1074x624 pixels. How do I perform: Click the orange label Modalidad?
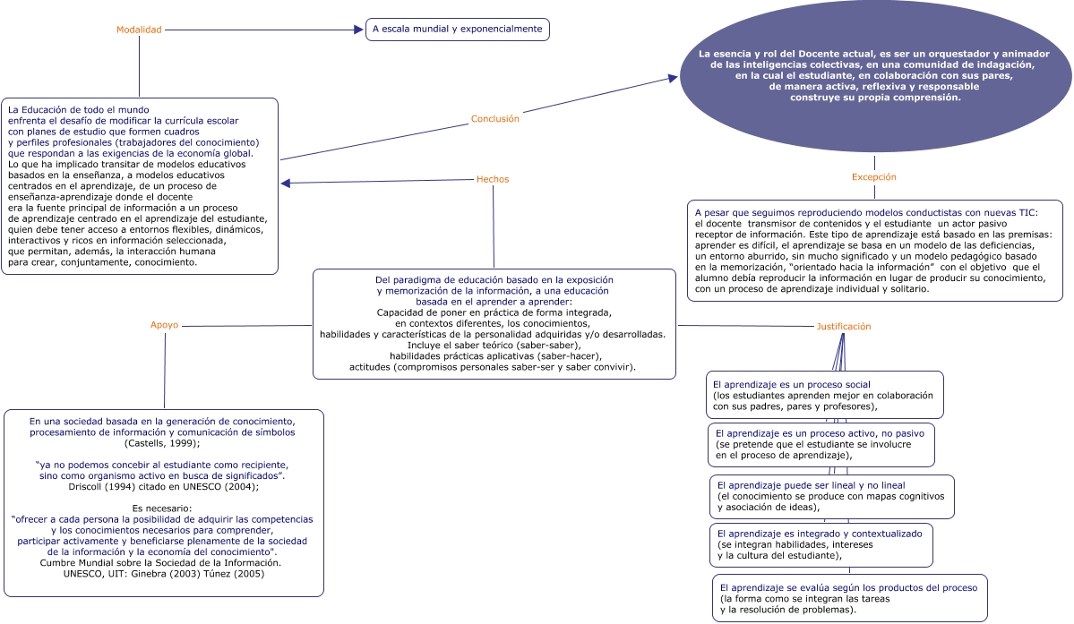tap(139, 30)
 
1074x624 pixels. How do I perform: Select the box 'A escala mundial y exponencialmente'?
tap(457, 30)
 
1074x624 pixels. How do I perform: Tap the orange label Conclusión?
tap(494, 118)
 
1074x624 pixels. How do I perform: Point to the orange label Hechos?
tap(493, 179)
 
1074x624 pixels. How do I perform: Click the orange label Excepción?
tap(873, 177)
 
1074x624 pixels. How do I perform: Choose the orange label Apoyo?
tap(164, 325)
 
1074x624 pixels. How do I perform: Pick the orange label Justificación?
tap(843, 327)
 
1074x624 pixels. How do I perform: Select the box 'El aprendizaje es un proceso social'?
tap(824, 395)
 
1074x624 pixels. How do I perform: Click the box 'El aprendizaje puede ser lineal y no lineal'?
tap(830, 495)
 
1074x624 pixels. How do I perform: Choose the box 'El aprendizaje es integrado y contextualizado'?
tap(821, 544)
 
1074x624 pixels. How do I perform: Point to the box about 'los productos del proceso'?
tap(849, 598)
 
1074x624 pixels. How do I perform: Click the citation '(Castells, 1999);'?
tap(162, 443)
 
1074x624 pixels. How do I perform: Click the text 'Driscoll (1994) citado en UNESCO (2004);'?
tap(163, 487)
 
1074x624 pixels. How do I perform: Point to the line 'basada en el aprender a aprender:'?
tap(493, 302)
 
